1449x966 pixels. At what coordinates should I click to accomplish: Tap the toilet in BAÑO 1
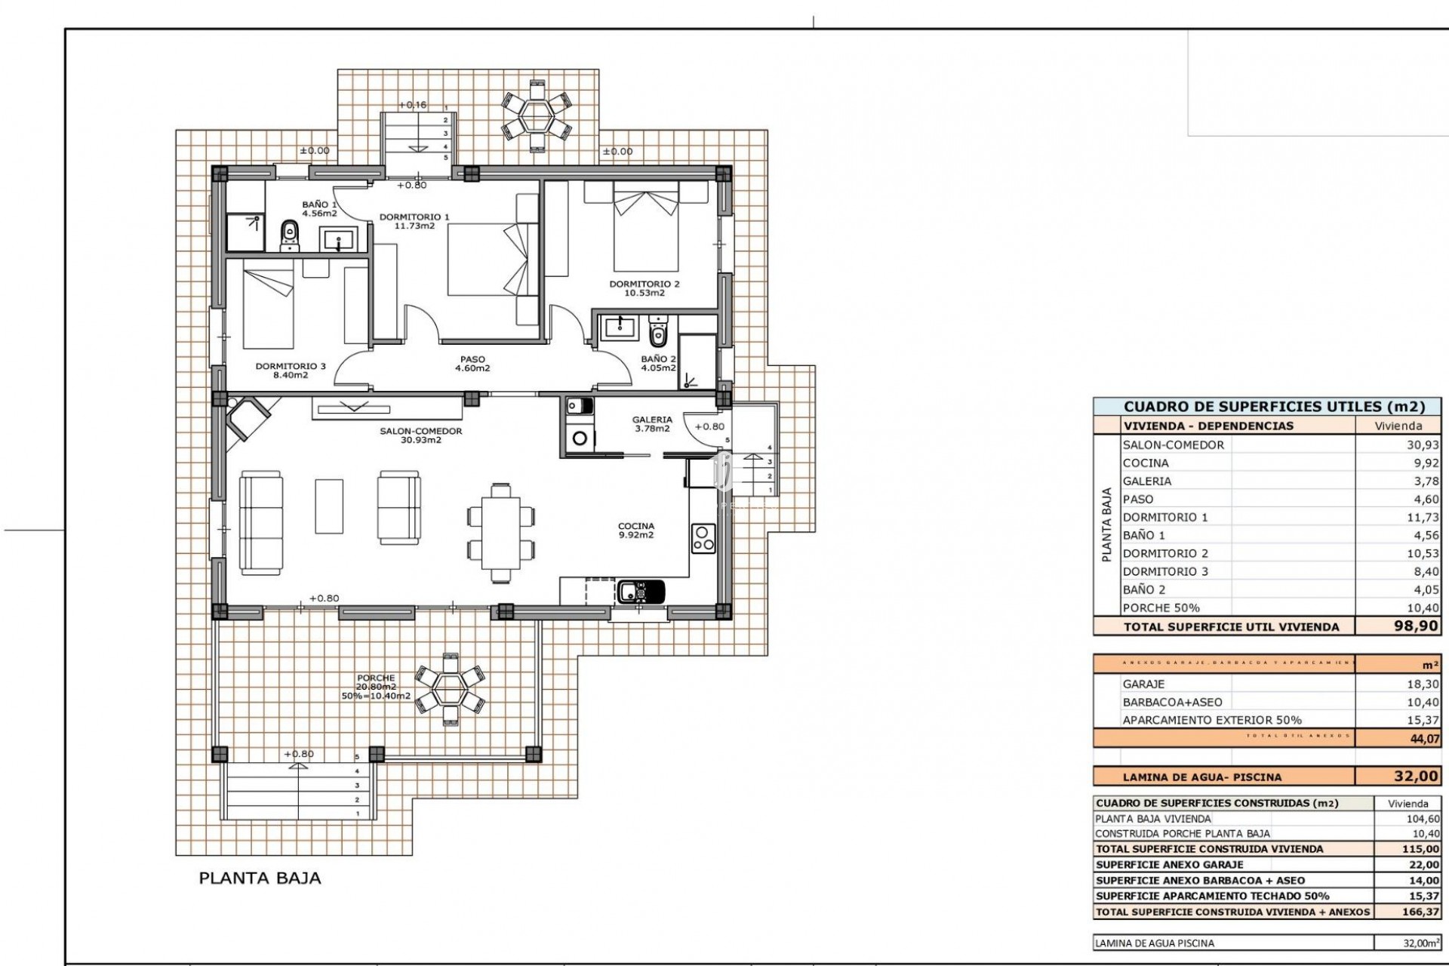(x=289, y=236)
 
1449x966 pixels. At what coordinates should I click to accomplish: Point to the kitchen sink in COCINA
(x=641, y=591)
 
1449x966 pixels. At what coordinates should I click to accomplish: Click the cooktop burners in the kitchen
(x=703, y=538)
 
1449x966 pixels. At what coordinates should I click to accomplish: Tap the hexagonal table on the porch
(x=451, y=688)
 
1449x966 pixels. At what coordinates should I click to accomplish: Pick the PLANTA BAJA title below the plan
(x=260, y=878)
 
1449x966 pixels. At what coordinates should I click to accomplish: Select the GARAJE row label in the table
(x=1143, y=684)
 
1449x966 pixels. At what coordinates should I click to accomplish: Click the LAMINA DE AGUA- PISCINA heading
(x=1201, y=777)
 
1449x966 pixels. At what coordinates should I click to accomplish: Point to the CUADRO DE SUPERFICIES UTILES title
(x=1274, y=407)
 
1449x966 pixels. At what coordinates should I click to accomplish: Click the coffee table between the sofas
(x=329, y=506)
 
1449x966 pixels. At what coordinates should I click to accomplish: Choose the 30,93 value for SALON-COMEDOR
(x=1422, y=445)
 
